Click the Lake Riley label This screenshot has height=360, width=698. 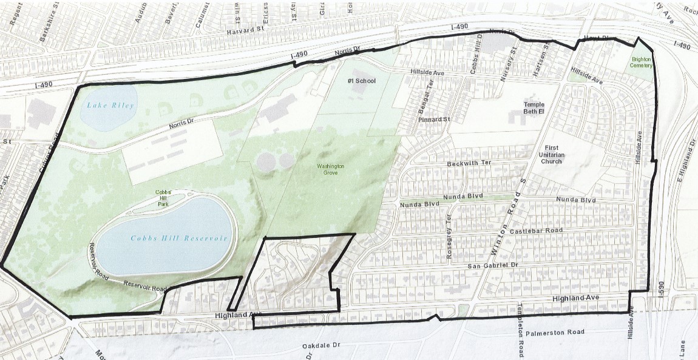[109, 105]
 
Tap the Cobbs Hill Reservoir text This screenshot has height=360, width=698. [179, 239]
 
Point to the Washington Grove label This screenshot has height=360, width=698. [330, 169]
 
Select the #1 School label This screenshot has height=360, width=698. [361, 81]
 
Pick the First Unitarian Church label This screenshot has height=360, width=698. [551, 154]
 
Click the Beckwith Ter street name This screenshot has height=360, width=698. [468, 164]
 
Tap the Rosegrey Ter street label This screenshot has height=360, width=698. [449, 236]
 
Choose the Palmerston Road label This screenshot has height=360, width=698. [555, 332]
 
